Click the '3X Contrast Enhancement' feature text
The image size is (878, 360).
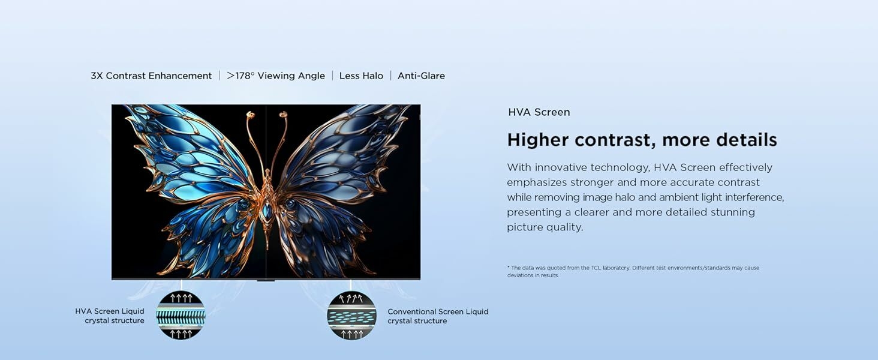151,76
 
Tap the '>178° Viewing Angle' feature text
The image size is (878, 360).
276,76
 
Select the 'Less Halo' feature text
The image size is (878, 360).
361,76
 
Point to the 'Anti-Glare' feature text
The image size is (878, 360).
421,76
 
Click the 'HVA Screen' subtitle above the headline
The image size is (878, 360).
539,112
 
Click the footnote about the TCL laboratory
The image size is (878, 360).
633,272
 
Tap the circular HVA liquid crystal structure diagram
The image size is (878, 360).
181,315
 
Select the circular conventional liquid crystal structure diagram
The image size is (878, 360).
351,315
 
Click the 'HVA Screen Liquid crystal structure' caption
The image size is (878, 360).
110,316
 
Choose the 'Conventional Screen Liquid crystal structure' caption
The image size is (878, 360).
437,316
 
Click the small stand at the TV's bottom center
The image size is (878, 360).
266,280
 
